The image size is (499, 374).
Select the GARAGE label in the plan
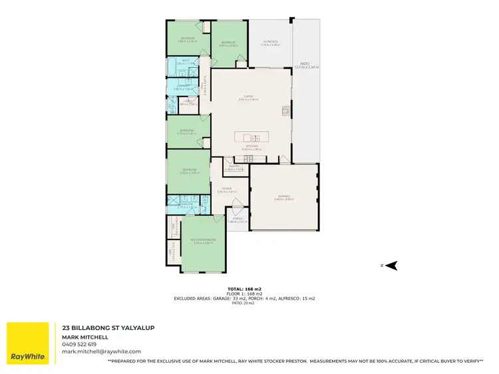(x=284, y=196)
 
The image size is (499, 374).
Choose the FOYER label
(x=227, y=189)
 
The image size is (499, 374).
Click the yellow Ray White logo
(x=27, y=343)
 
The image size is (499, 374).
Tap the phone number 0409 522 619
(x=79, y=344)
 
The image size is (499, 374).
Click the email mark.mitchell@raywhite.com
(x=102, y=351)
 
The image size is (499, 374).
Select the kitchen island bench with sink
(x=251, y=139)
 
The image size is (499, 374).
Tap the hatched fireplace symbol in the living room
(x=287, y=110)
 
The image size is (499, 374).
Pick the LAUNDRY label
(x=180, y=86)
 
